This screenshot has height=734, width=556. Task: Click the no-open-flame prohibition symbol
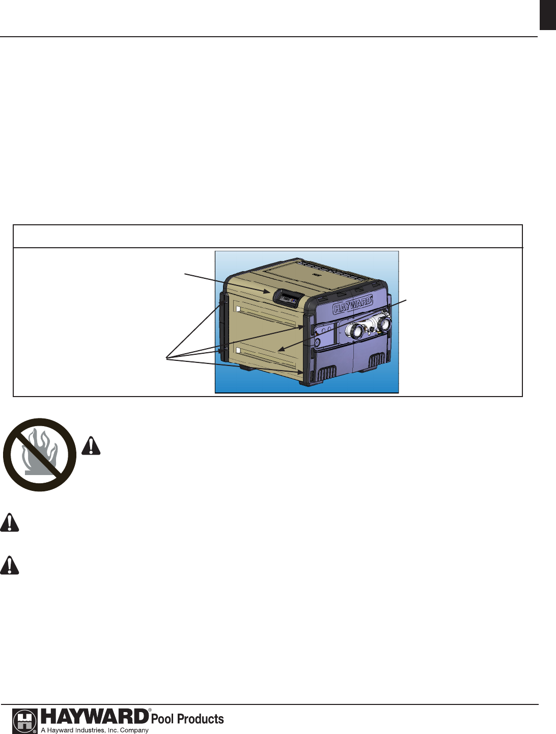click(x=40, y=455)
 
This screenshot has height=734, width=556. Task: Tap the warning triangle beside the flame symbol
click(x=91, y=446)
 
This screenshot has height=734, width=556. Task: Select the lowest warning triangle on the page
click(x=9, y=565)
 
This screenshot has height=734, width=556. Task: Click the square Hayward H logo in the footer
click(x=24, y=721)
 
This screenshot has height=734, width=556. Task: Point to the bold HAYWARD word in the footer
click(x=94, y=717)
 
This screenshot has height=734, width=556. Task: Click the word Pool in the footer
click(x=162, y=719)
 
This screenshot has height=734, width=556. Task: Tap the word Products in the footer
click(x=200, y=719)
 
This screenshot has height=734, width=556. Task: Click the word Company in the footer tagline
click(x=134, y=730)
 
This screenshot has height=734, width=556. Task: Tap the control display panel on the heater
click(x=288, y=298)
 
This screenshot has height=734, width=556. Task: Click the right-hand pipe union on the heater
click(x=383, y=323)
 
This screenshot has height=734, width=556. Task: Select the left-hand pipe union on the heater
click(x=354, y=331)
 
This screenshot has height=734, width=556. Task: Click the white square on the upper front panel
click(x=238, y=309)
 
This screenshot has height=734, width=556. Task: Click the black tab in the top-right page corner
click(x=547, y=15)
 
